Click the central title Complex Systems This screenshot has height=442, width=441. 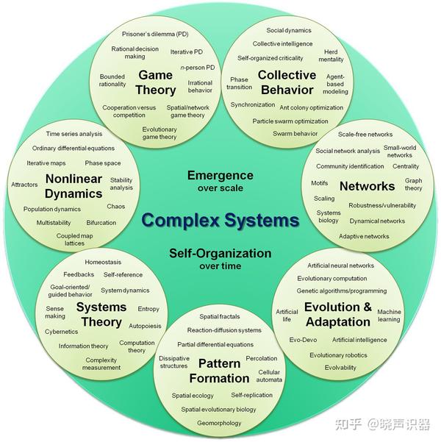220,220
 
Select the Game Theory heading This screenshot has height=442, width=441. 156,82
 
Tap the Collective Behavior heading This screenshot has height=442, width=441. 287,82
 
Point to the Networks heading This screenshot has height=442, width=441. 367,186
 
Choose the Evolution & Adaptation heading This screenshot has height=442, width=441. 337,314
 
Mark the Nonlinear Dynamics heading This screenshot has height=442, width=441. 73,186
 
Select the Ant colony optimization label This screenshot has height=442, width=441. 311,107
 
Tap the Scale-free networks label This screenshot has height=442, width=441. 365,135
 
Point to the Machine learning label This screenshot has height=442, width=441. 389,316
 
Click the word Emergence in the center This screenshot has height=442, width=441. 220,175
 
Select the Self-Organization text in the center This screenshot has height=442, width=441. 220,253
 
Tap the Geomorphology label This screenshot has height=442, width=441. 218,423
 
